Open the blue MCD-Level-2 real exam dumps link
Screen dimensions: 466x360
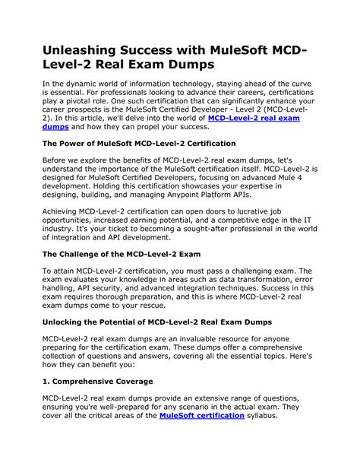[x=254, y=119]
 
